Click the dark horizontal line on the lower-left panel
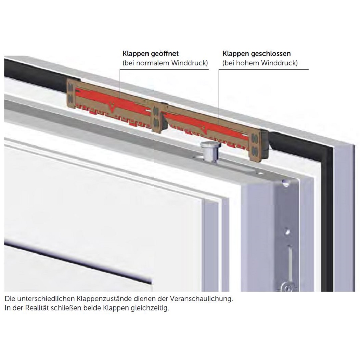pyautogui.click(x=77, y=263)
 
